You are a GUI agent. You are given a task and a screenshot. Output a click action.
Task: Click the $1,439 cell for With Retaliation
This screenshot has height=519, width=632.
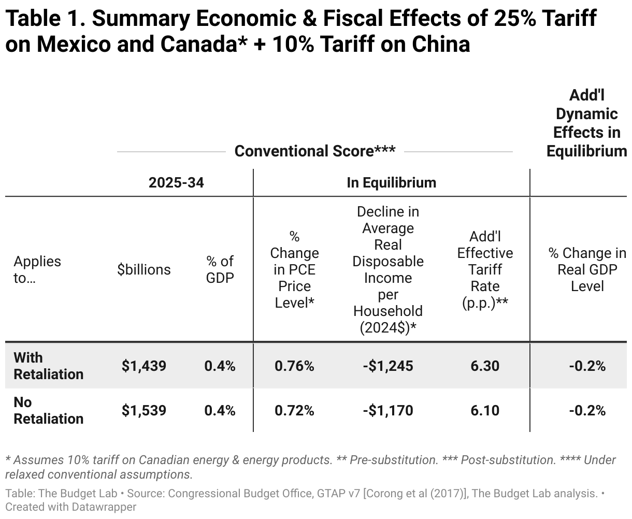(x=144, y=366)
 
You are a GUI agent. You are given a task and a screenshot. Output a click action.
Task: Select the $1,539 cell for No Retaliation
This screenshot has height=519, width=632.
(x=144, y=410)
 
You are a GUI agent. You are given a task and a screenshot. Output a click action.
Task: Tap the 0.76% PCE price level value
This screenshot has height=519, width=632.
(x=294, y=366)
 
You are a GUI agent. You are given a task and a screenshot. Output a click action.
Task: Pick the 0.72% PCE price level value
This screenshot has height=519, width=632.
(x=294, y=410)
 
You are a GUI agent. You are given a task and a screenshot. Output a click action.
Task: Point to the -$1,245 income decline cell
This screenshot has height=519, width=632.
(x=388, y=366)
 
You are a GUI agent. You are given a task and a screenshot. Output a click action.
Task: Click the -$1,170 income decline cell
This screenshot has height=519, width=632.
(x=388, y=410)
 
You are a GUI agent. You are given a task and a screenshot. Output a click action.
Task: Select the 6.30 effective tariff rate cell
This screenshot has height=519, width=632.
(x=485, y=366)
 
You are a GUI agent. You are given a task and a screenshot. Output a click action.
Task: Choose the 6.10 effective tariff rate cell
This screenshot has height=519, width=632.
(x=485, y=410)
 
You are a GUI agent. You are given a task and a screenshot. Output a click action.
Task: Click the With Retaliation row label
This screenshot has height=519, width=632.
(x=48, y=366)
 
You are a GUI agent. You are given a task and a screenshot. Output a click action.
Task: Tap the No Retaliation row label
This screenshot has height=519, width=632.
(x=48, y=410)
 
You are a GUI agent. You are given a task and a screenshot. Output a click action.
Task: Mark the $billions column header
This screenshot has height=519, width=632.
(x=144, y=269)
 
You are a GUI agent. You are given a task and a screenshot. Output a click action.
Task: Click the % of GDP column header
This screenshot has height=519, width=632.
(x=220, y=269)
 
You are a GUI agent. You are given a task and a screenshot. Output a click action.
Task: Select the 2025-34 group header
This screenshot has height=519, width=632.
(x=176, y=183)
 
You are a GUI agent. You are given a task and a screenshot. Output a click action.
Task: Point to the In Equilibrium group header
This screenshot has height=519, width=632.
(x=391, y=183)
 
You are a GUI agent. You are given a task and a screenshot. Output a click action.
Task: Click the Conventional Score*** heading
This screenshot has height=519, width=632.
(x=315, y=151)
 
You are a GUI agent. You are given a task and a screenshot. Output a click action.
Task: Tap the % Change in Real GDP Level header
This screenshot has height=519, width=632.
(x=587, y=269)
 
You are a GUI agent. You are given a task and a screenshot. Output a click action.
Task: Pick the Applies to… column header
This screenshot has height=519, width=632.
(x=37, y=269)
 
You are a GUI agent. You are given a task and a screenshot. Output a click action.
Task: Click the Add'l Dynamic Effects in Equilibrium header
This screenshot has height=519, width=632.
(x=586, y=123)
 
